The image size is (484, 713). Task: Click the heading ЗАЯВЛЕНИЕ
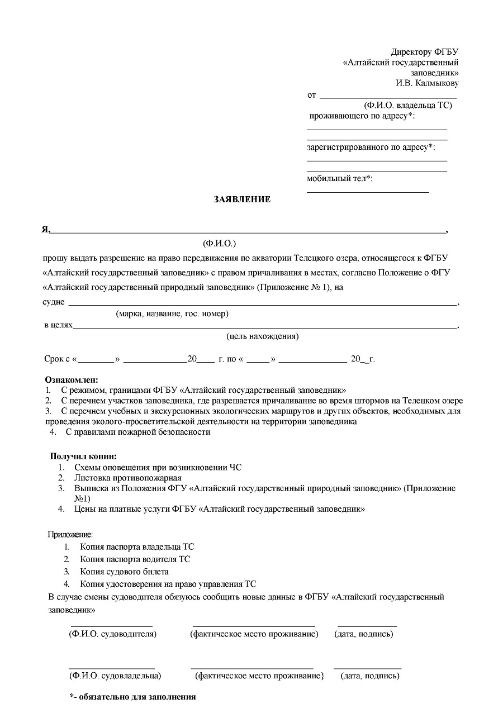[242, 199]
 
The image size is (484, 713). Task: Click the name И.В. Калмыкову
[427, 83]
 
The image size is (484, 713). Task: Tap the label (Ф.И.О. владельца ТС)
[407, 105]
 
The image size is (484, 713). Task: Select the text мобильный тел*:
[339, 179]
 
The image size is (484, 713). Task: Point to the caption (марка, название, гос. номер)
[172, 314]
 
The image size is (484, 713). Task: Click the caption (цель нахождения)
[262, 336]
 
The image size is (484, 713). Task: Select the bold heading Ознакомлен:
[72, 380]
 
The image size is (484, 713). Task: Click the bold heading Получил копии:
[84, 457]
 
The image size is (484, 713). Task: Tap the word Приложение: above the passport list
[70, 535]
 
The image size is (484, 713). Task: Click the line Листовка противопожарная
[128, 478]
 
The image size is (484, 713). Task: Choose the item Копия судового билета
[124, 572]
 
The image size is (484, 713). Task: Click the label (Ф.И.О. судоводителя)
[112, 634]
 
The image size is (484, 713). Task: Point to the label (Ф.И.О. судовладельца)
[115, 676]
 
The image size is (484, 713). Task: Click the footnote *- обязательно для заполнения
[132, 697]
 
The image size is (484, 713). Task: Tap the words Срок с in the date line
[57, 359]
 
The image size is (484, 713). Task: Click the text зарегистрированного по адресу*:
[371, 148]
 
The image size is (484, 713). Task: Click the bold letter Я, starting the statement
[46, 229]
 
